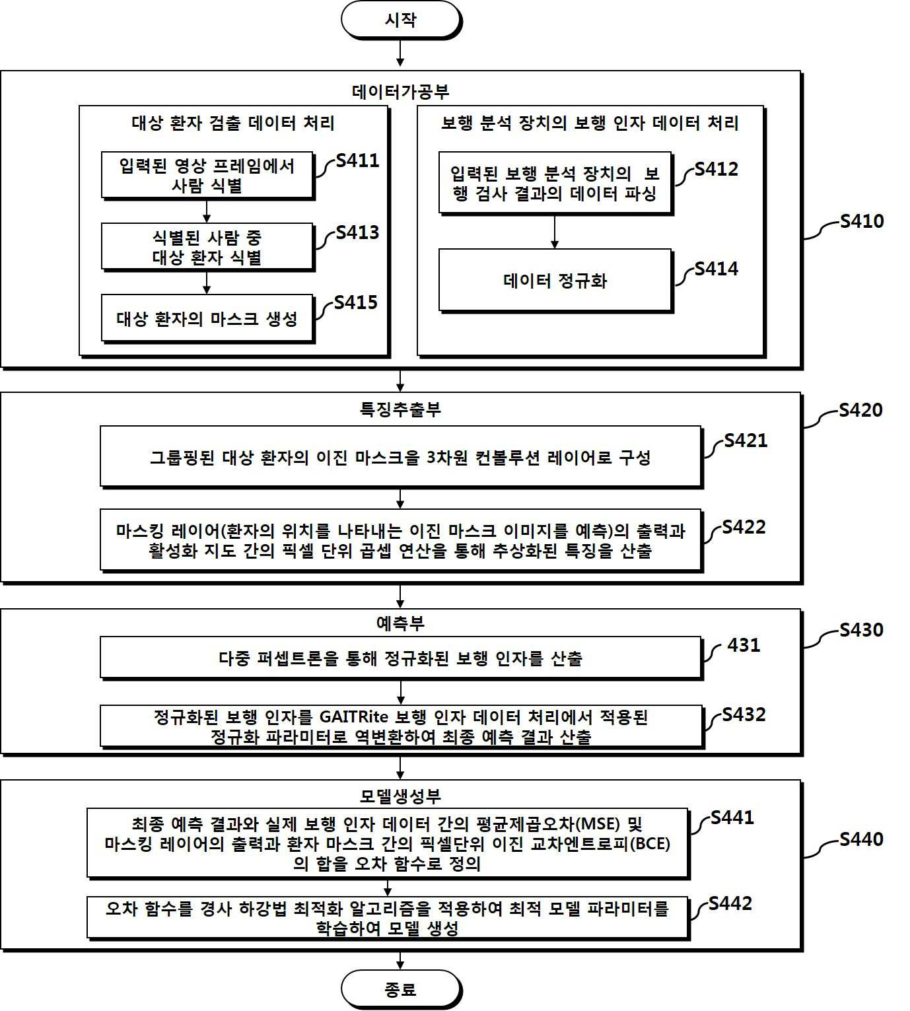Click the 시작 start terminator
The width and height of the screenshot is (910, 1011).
tap(402, 20)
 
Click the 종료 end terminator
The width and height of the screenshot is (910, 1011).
tap(402, 989)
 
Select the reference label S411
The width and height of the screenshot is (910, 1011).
tap(357, 160)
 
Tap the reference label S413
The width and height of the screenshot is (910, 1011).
tap(357, 232)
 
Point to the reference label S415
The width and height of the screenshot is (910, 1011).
tap(356, 302)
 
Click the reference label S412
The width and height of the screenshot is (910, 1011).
tap(717, 169)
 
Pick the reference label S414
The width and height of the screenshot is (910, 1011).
tap(717, 269)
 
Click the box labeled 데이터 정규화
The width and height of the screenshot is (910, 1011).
tap(555, 281)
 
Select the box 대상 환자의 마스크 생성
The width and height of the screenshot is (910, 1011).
tap(207, 318)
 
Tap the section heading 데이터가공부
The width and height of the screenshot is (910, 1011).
tap(400, 92)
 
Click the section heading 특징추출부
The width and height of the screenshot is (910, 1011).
tap(400, 409)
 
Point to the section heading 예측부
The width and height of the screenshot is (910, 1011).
tap(400, 623)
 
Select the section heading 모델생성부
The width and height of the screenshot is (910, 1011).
tap(400, 796)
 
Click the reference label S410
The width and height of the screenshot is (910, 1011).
tap(862, 221)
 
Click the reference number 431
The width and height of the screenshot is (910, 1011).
tap(744, 645)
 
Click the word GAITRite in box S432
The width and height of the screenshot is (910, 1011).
tap(354, 716)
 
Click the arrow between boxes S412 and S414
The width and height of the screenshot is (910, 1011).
tap(555, 232)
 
